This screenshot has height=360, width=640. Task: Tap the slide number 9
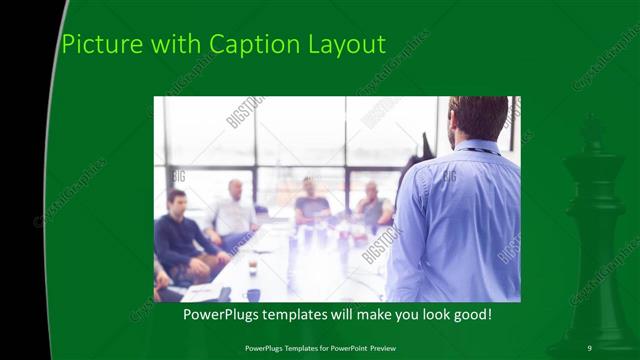click(x=590, y=347)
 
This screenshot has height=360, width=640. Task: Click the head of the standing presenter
click(x=478, y=117)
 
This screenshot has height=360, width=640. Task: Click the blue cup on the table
click(x=253, y=294)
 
